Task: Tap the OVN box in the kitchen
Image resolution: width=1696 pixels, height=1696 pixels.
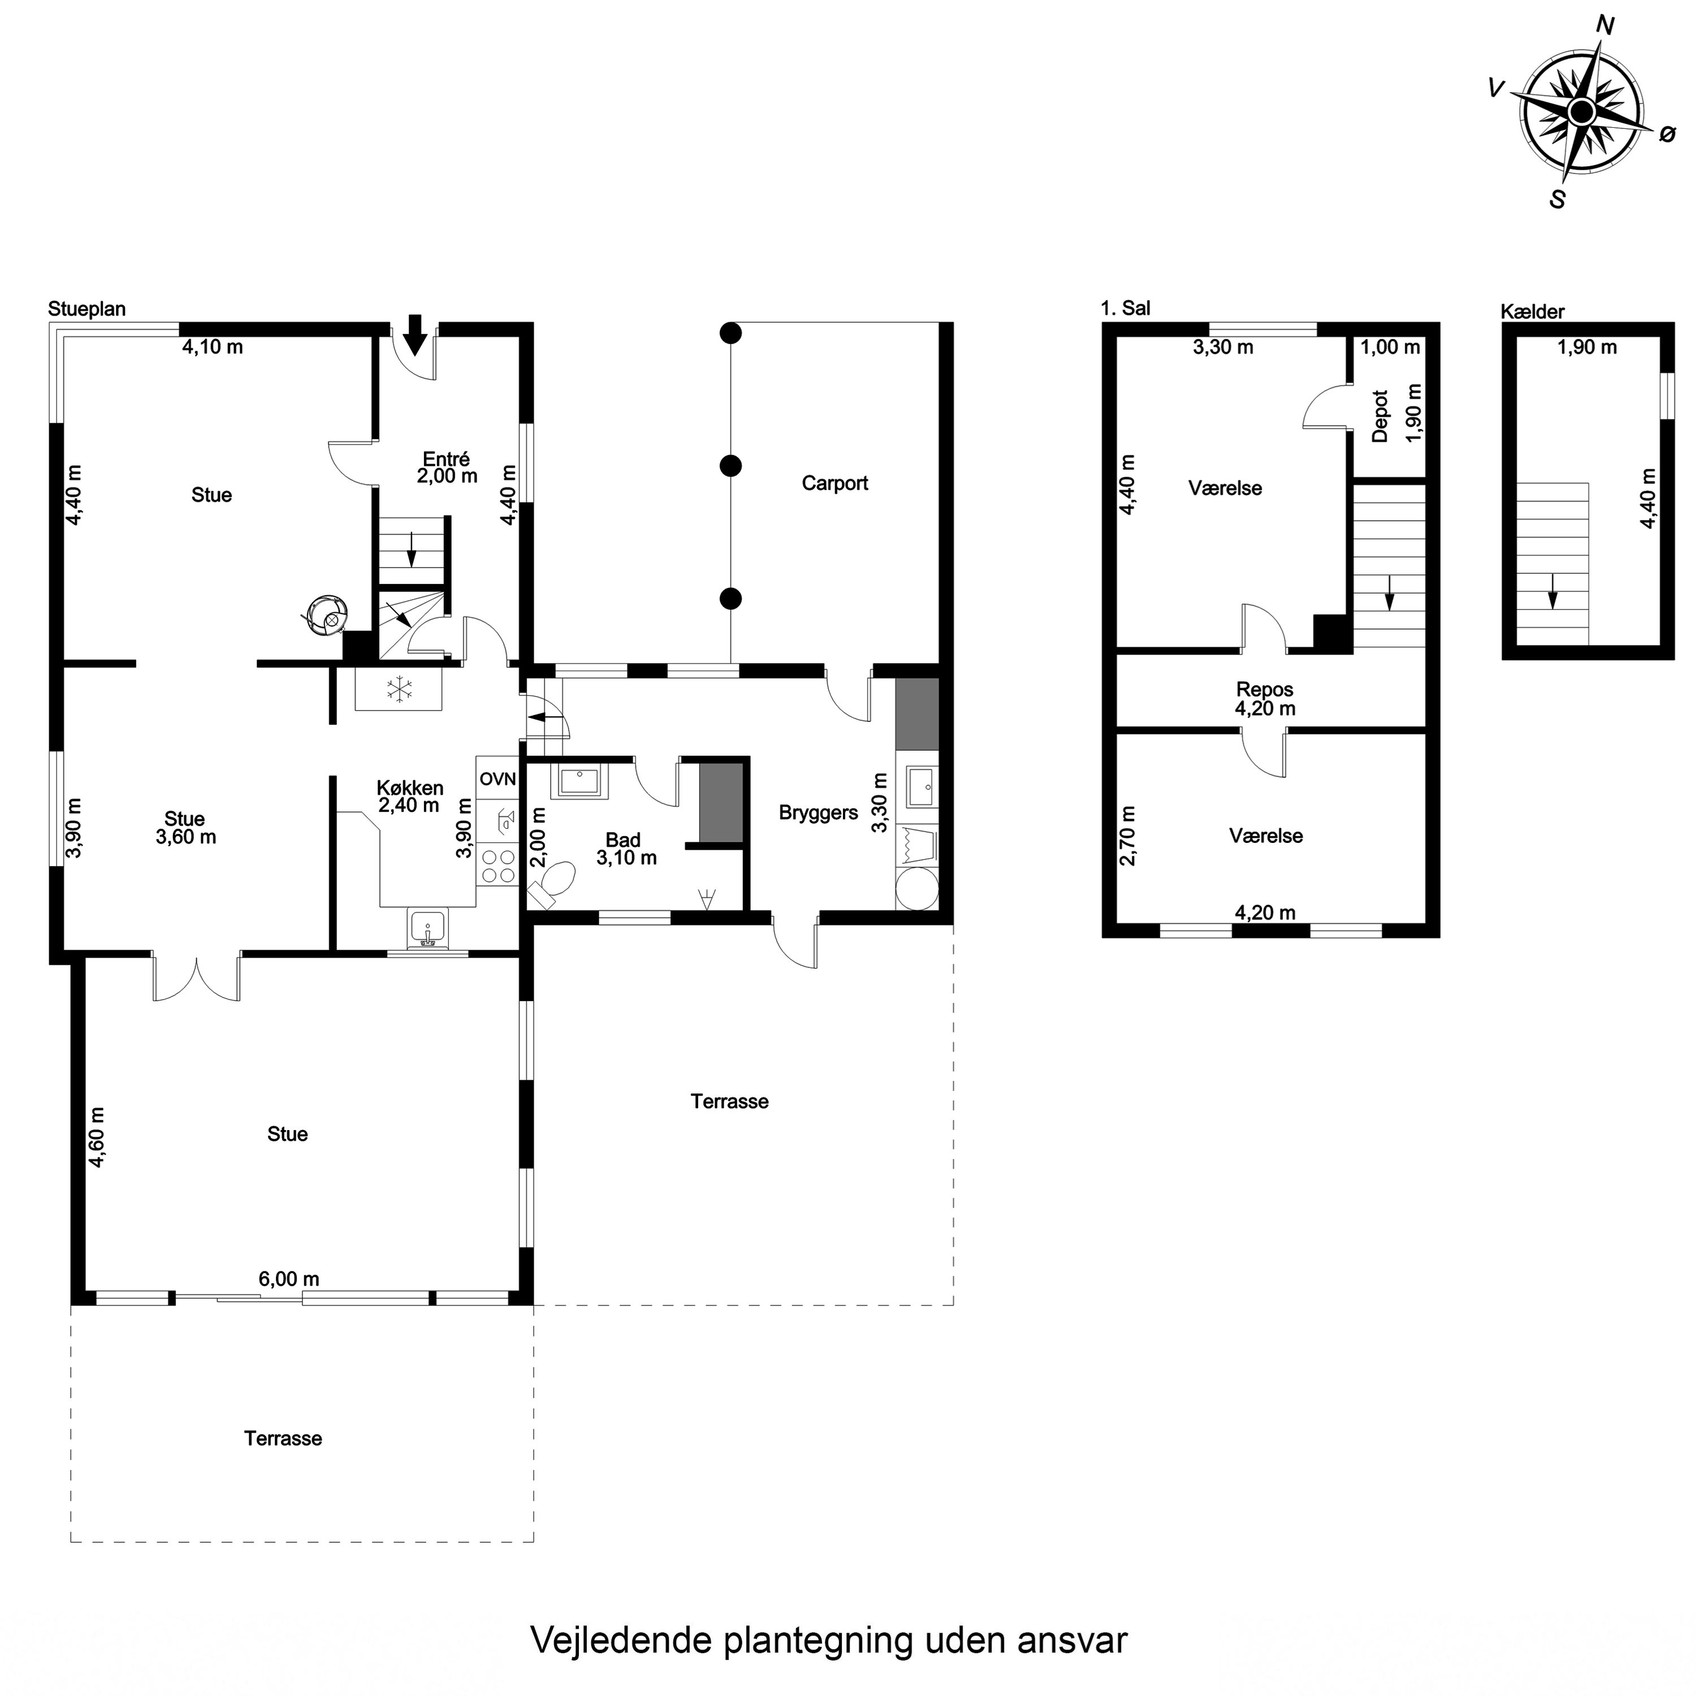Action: (x=497, y=778)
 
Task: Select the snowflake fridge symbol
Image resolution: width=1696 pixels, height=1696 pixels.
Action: (x=400, y=689)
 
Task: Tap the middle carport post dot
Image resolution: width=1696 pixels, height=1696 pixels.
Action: (x=730, y=465)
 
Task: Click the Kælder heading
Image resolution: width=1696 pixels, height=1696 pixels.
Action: (x=1532, y=311)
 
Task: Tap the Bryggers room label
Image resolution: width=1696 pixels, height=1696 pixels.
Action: (x=818, y=813)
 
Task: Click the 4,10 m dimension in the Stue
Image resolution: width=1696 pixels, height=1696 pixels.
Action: (x=213, y=347)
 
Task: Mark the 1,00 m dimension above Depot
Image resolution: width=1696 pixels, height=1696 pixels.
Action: (x=1390, y=347)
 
